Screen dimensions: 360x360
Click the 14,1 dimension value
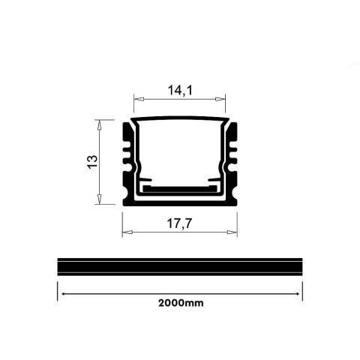[x=179, y=90]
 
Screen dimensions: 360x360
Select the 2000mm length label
[x=181, y=304]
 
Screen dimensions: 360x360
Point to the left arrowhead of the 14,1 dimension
[x=137, y=98]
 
